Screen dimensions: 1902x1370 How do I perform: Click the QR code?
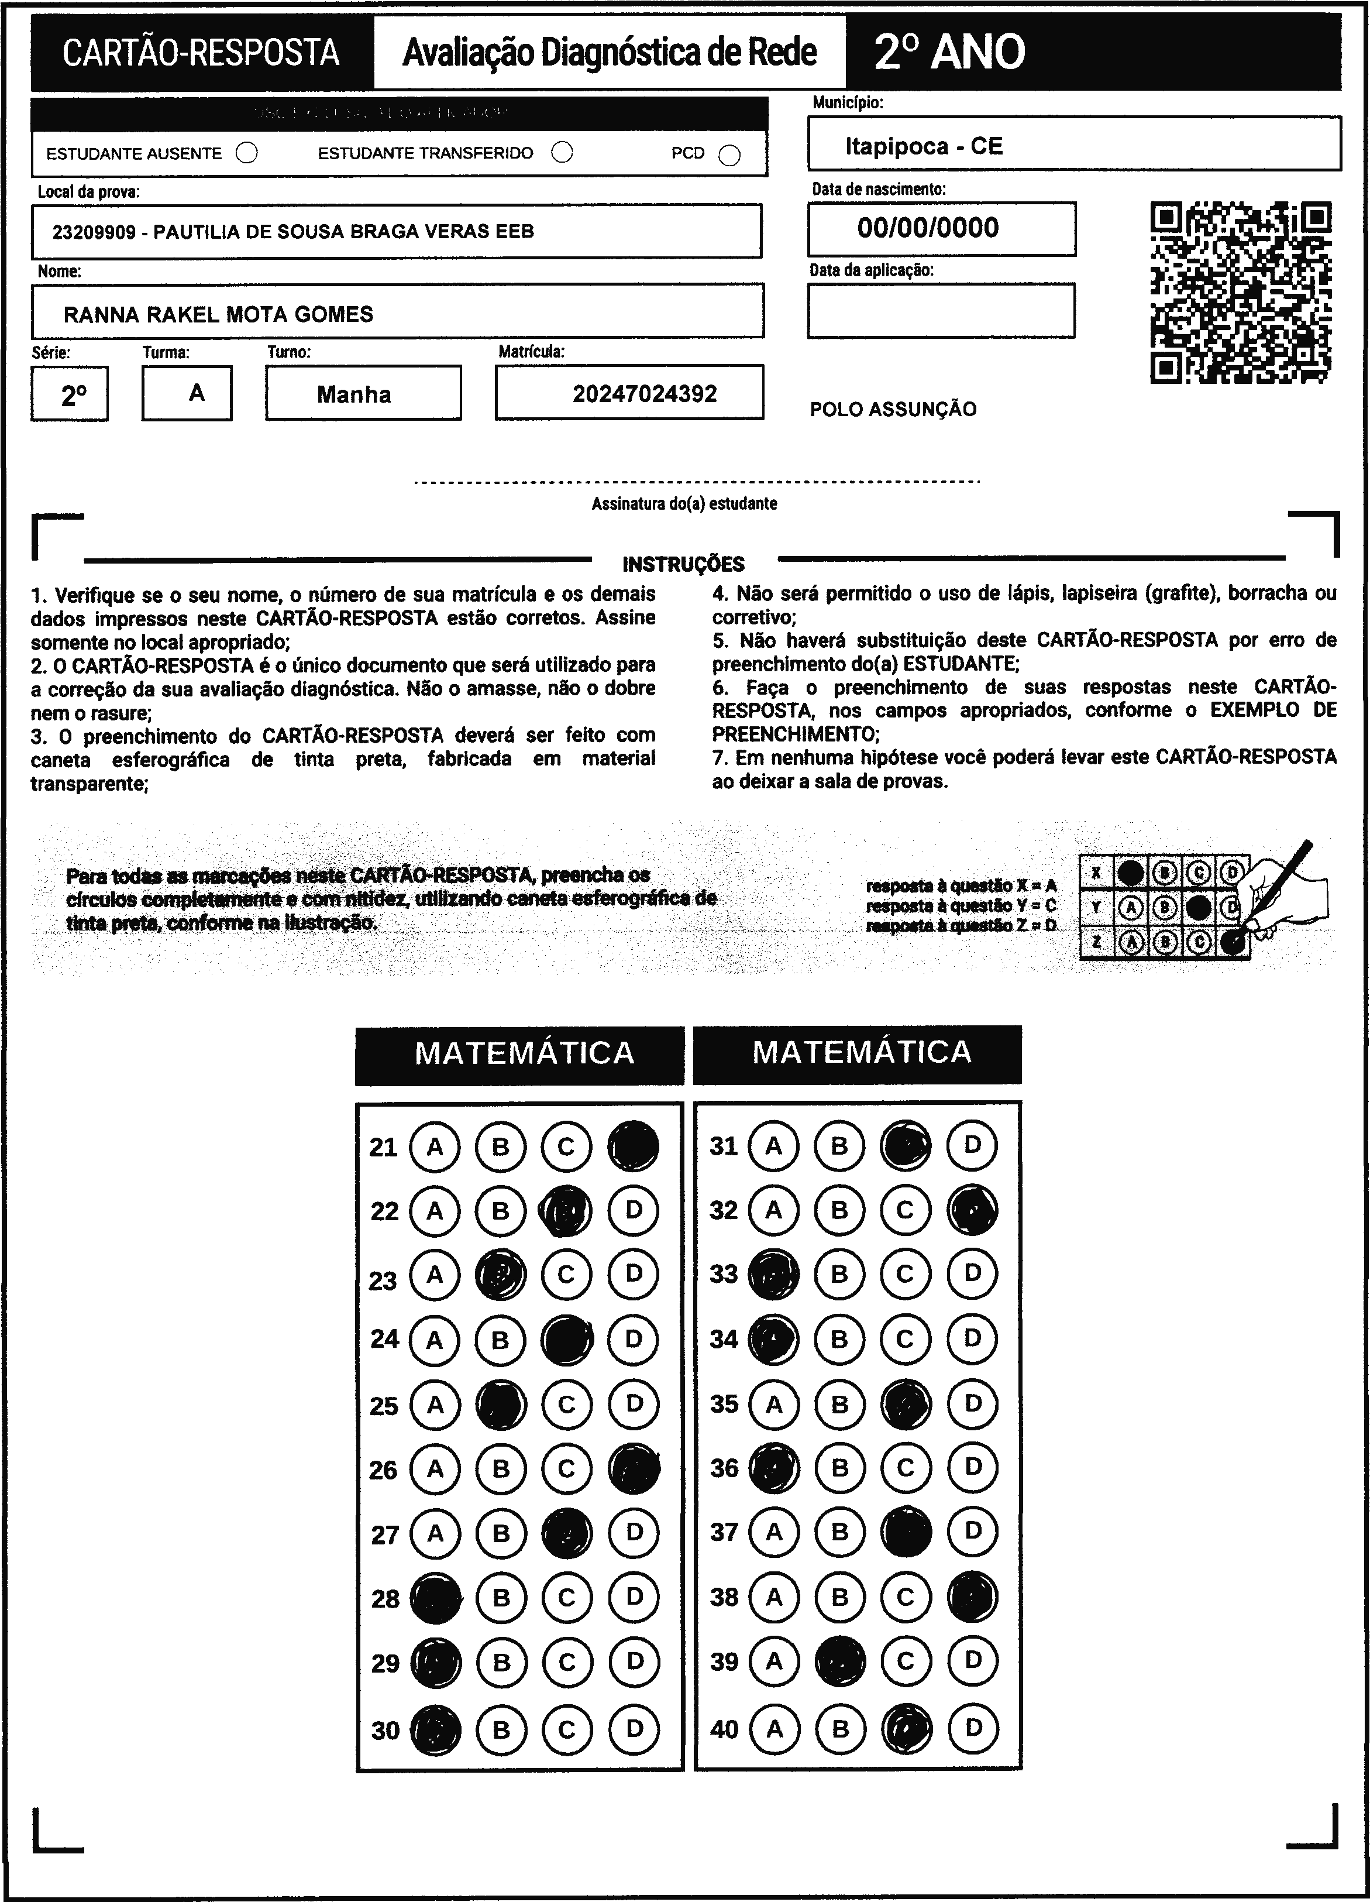(1241, 292)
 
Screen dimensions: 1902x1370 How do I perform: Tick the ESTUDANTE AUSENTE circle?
(246, 153)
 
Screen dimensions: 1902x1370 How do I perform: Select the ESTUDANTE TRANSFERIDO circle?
(562, 153)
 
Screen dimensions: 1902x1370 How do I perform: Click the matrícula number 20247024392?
(645, 394)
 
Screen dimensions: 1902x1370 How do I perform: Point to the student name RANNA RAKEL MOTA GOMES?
(218, 314)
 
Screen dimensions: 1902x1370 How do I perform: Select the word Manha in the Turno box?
(354, 395)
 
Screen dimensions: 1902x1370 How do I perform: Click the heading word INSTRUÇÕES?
(683, 564)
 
